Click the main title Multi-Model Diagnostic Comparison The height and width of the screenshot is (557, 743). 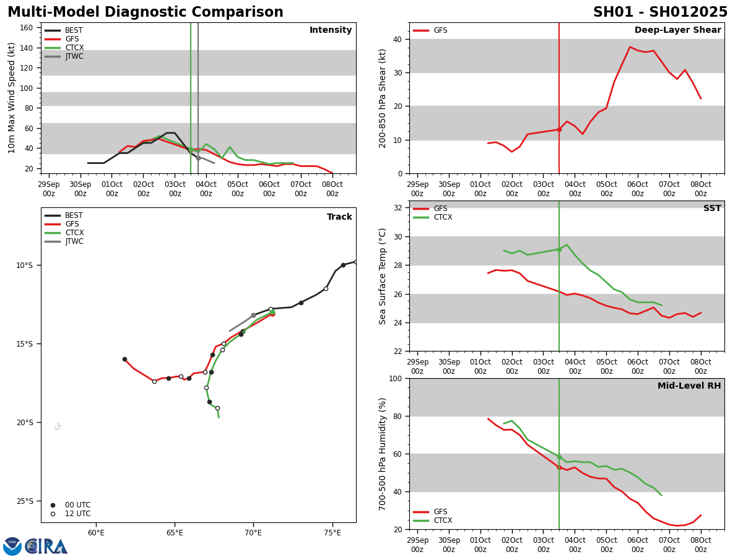(145, 12)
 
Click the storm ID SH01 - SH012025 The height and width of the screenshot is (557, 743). (660, 12)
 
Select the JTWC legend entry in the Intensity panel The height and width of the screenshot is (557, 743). (74, 56)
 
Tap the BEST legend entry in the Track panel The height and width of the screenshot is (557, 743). (73, 215)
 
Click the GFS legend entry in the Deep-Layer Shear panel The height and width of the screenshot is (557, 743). (440, 30)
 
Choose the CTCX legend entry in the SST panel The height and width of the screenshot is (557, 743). (442, 217)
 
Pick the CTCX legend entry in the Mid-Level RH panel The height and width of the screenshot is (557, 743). (442, 520)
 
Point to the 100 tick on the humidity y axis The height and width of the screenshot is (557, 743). (394, 378)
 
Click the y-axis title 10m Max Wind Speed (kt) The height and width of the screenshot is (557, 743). (12, 98)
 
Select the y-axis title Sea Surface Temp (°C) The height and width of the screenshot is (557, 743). (382, 276)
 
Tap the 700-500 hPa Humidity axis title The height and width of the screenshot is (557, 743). (382, 454)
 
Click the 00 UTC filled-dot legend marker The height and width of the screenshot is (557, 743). (53, 505)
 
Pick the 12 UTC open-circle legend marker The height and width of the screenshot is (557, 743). (53, 514)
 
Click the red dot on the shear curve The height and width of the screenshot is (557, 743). (559, 129)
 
